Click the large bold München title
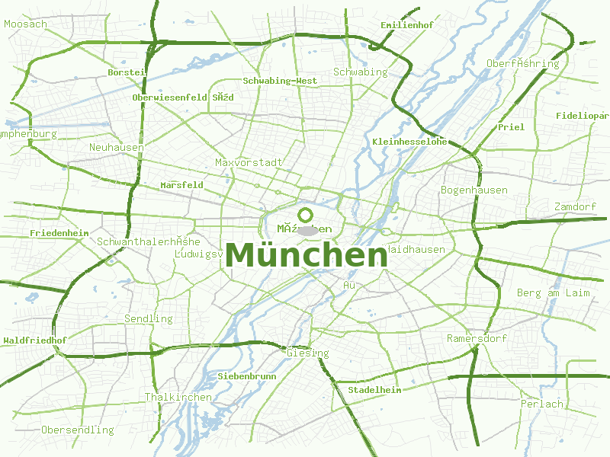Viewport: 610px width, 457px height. tap(307, 255)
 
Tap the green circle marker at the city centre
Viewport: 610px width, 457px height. tap(306, 215)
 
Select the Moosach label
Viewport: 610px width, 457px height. tap(25, 24)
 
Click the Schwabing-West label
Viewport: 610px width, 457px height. tap(280, 81)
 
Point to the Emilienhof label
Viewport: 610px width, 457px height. tap(406, 25)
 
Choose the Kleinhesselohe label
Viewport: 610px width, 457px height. tap(409, 142)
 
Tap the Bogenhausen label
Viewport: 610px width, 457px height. tap(474, 190)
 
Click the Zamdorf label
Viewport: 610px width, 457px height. tap(575, 207)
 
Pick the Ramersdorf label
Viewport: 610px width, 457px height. tap(477, 338)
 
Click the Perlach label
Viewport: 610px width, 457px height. tap(541, 404)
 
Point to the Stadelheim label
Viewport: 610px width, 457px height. tap(374, 390)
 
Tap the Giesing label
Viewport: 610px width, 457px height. tap(308, 353)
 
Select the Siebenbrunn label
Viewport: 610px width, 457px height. tap(247, 376)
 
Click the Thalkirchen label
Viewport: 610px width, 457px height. tap(168, 397)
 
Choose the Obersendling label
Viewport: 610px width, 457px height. tap(77, 430)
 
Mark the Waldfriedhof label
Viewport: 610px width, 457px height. tap(35, 340)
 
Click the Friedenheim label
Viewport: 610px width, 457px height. tap(59, 232)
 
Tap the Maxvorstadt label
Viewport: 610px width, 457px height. tap(249, 162)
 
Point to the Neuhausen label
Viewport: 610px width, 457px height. tap(117, 147)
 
